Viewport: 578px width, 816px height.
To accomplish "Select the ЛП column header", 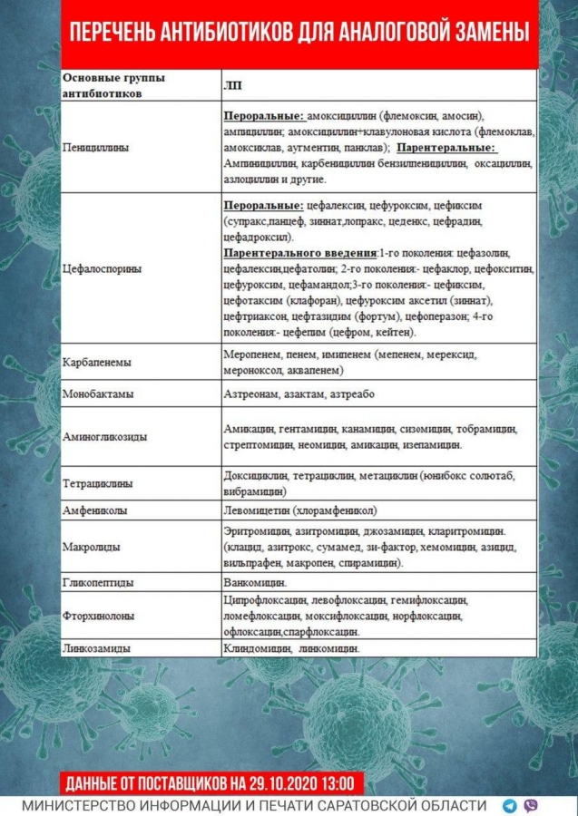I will click(x=231, y=85).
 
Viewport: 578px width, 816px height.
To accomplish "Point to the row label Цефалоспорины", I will click(x=103, y=269).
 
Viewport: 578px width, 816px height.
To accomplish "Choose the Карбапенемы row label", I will click(x=97, y=362).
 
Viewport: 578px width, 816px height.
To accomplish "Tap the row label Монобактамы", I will click(x=97, y=395).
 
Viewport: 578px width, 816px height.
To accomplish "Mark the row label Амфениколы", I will click(x=95, y=510).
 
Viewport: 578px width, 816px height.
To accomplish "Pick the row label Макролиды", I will click(x=88, y=547).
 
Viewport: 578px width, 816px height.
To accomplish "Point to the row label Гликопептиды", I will click(x=98, y=582).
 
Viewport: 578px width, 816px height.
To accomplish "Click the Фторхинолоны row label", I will click(x=99, y=616).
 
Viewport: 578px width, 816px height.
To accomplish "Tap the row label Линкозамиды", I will click(x=96, y=649).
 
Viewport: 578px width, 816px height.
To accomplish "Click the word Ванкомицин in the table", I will click(x=255, y=582).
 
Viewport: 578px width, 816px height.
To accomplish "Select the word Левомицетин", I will click(x=258, y=510).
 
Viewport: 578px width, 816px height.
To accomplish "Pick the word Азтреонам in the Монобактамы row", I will click(x=250, y=395).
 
